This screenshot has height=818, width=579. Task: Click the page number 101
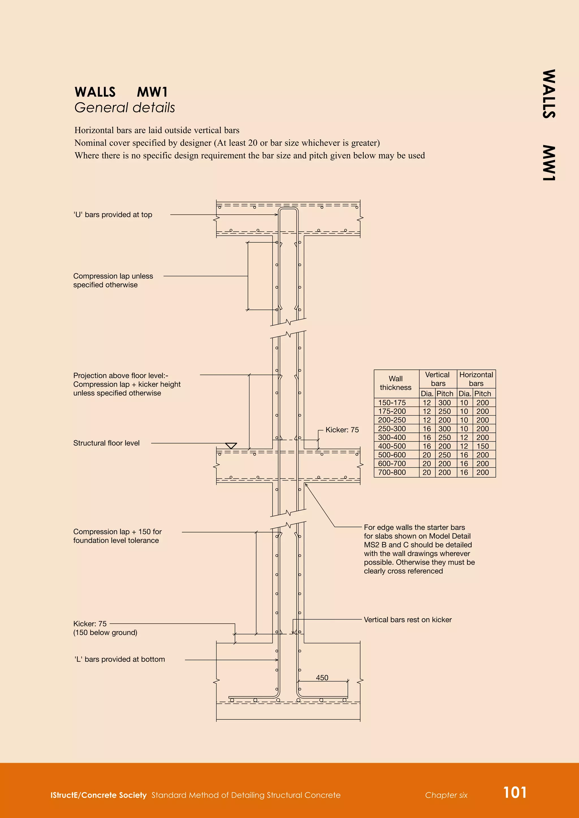tap(515, 793)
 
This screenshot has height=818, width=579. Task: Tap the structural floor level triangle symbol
tap(231, 446)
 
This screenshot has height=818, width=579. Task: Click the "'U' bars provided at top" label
tap(113, 214)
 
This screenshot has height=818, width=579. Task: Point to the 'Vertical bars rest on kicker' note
tap(407, 619)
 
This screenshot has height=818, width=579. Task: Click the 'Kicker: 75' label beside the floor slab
tap(342, 430)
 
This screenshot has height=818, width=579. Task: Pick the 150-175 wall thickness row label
tap(392, 403)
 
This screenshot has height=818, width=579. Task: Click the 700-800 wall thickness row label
tap(392, 473)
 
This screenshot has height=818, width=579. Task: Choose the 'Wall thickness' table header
tap(396, 383)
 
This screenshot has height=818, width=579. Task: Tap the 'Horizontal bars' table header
tap(476, 379)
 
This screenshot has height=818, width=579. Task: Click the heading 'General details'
tap(124, 108)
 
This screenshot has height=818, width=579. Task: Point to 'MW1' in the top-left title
tap(152, 92)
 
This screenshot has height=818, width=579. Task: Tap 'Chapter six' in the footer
tap(446, 795)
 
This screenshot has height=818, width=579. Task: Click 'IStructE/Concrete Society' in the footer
tap(98, 795)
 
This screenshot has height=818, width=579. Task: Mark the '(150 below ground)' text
tap(105, 632)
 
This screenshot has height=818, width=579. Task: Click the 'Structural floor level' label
tap(106, 443)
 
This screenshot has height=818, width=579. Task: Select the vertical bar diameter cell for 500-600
tap(427, 455)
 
